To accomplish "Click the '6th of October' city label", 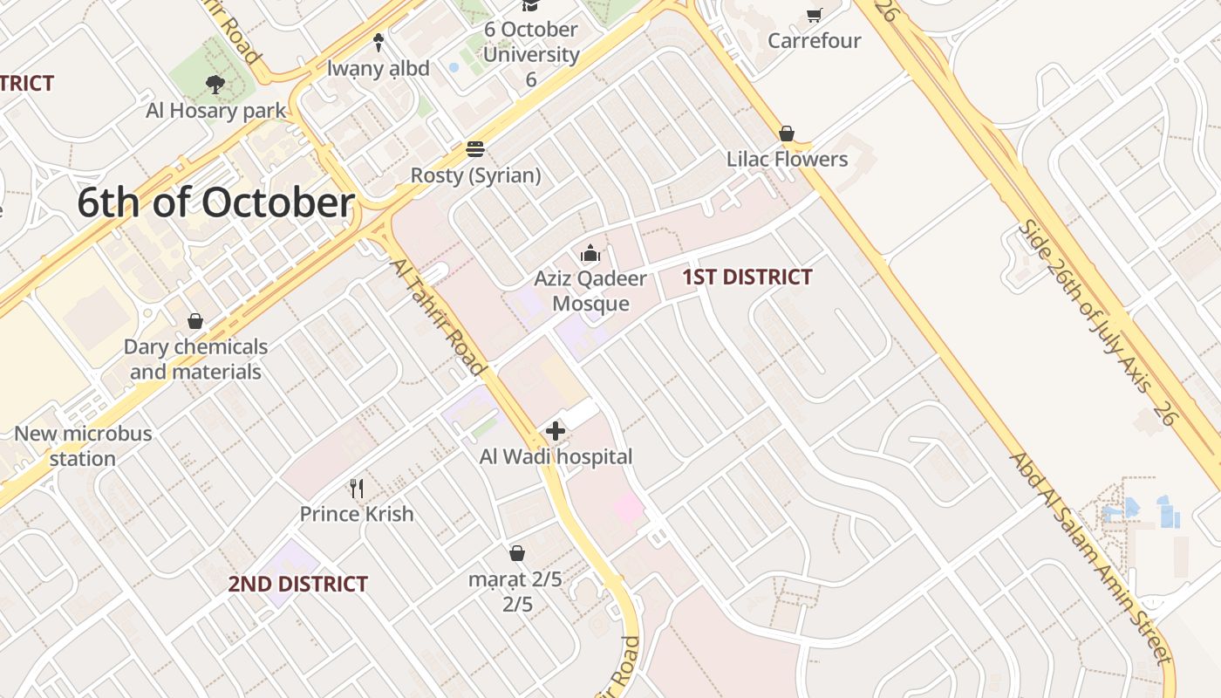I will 215,202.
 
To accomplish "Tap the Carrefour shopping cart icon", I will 815,15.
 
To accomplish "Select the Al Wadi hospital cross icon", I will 556,431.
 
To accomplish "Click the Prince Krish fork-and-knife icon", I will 356,488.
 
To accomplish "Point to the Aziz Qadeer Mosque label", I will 590,291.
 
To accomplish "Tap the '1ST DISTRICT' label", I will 747,277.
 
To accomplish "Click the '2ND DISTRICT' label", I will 298,584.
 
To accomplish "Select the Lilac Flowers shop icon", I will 787,133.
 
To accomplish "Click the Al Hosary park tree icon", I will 215,85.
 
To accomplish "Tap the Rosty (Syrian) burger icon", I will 475,149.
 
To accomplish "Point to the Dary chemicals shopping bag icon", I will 195,321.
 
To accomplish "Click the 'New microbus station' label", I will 83,446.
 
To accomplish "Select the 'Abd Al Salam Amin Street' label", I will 1089,558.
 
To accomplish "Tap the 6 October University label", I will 530,54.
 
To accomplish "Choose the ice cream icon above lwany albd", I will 379,42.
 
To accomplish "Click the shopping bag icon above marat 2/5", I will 517,553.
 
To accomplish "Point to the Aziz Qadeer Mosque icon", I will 590,254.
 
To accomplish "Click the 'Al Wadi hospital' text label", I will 556,456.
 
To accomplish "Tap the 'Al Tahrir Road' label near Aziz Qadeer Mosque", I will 437,317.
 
